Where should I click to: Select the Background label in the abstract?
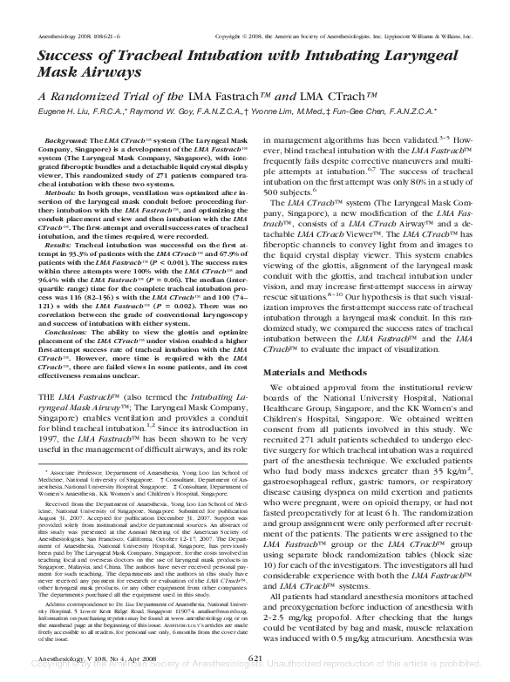(65, 140)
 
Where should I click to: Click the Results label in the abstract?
(58, 246)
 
